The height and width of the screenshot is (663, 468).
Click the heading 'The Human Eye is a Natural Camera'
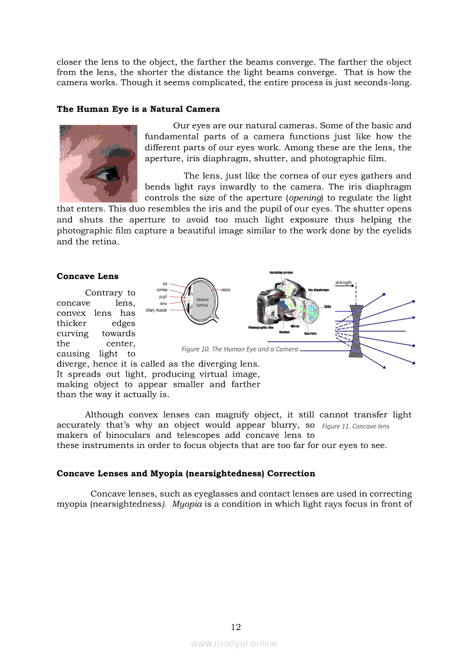click(x=138, y=109)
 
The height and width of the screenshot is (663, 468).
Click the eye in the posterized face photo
click(x=104, y=172)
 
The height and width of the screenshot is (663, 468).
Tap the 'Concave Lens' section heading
click(x=87, y=276)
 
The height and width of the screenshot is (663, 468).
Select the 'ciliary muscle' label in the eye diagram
click(x=156, y=310)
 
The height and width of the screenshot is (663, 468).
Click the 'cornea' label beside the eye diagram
click(x=161, y=290)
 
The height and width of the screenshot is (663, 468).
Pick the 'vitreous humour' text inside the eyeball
click(x=202, y=302)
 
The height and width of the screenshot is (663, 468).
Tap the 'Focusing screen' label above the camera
click(x=281, y=273)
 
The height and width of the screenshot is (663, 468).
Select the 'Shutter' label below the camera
click(x=284, y=332)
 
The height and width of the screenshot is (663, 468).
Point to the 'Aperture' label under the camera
click(x=310, y=333)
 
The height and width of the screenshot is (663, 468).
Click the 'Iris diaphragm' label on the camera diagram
click(x=318, y=290)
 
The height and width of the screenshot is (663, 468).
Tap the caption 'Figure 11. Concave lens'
click(x=355, y=426)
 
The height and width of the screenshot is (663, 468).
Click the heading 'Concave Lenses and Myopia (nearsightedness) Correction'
click(x=186, y=474)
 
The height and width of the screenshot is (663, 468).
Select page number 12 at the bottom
click(x=236, y=627)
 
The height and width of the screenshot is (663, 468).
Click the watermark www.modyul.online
click(x=234, y=643)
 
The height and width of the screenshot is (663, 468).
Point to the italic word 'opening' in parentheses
click(x=305, y=198)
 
